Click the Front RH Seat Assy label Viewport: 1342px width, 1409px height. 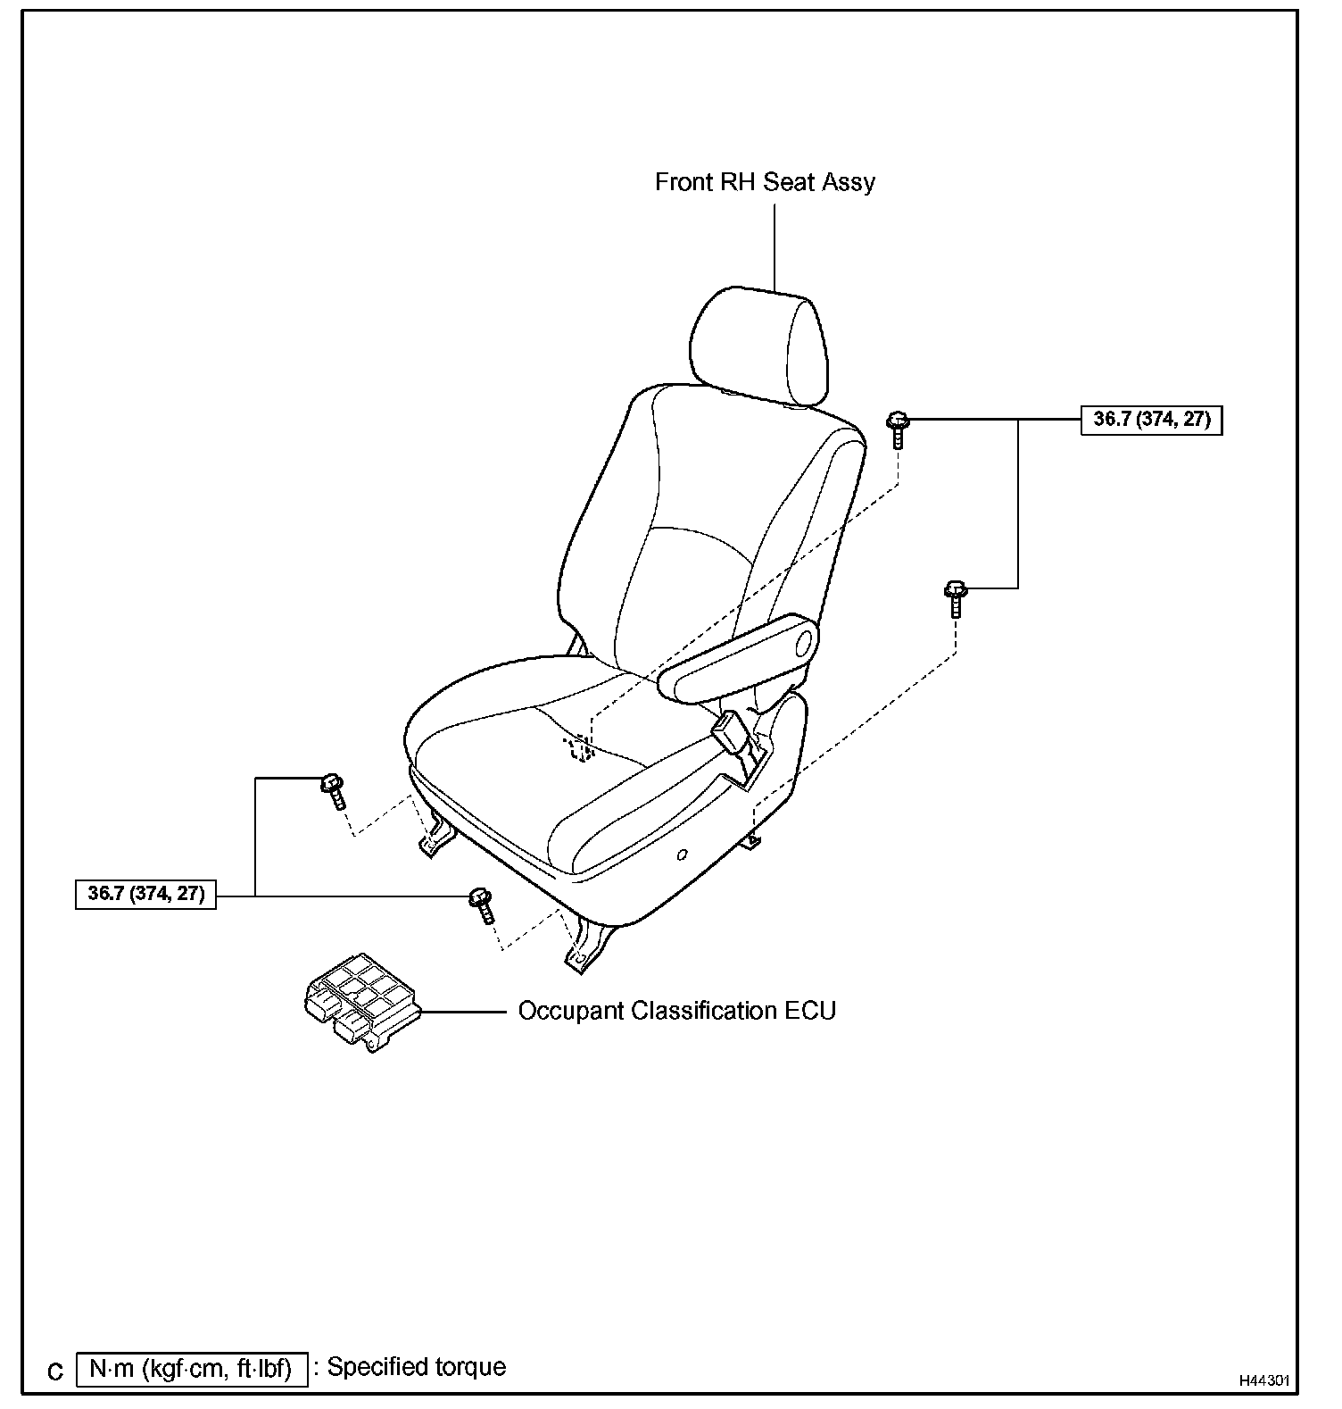click(x=765, y=182)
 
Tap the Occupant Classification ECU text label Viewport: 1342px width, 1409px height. click(x=676, y=1011)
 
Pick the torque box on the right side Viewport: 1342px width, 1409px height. click(x=1151, y=420)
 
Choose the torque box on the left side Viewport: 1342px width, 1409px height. click(x=146, y=894)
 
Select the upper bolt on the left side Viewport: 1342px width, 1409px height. click(x=334, y=790)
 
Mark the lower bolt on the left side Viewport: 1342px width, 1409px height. click(x=482, y=905)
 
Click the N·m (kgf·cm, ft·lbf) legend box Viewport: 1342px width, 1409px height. click(x=192, y=1369)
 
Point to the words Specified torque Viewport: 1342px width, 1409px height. click(x=417, y=1367)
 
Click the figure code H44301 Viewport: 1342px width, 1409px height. click(x=1264, y=1380)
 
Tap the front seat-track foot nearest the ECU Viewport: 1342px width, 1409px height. click(x=584, y=951)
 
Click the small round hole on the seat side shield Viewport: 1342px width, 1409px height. click(x=683, y=855)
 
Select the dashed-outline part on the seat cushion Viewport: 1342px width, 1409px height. click(x=579, y=747)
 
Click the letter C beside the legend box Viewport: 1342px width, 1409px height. click(x=55, y=1371)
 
